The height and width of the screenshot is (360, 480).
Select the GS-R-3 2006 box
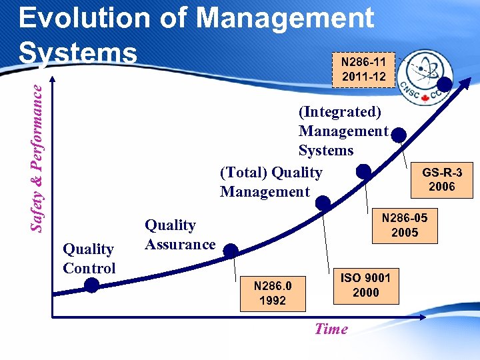441,180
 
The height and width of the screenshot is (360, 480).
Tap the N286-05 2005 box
405,225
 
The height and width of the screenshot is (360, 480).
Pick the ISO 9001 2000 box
365,285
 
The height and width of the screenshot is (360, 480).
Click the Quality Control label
89,259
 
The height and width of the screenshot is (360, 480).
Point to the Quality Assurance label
180,235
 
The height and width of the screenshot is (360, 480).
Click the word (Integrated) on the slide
340,111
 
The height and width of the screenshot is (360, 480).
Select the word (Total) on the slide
244,173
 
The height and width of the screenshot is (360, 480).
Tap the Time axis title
331,329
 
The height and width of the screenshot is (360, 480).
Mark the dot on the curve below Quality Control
92,285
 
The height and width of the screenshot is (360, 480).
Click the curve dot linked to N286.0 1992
230,251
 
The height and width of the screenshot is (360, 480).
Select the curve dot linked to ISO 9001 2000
323,203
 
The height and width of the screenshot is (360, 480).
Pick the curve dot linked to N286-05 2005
363,171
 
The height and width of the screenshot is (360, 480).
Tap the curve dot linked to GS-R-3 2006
399,136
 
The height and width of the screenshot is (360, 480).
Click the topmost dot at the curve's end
444,84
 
